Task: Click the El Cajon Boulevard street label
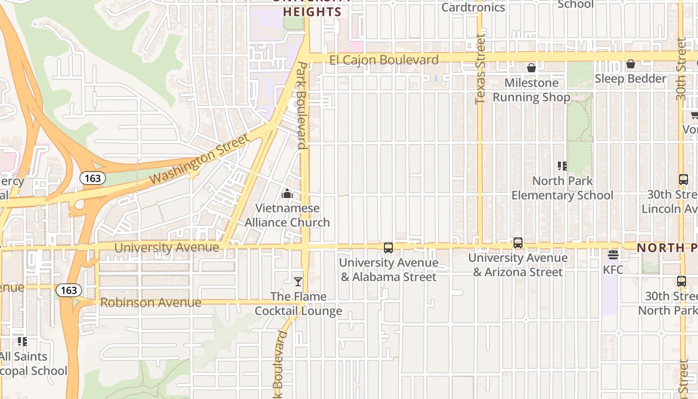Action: [x=384, y=60]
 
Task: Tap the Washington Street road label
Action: [x=199, y=159]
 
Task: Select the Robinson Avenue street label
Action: [x=151, y=303]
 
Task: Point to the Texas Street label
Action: [x=480, y=69]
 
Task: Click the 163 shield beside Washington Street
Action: [x=92, y=178]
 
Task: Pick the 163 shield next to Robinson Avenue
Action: [x=68, y=290]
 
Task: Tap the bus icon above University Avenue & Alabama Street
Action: [x=388, y=247]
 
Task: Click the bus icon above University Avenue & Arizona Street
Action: [x=518, y=243]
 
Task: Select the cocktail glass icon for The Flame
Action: [x=298, y=282]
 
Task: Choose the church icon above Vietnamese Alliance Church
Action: [x=287, y=194]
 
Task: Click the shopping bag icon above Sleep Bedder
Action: [x=630, y=64]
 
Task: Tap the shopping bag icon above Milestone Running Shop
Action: [x=531, y=68]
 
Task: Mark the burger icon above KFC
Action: [x=613, y=255]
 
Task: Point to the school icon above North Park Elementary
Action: [x=562, y=166]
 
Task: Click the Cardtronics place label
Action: [x=473, y=7]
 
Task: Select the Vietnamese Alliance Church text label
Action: [x=287, y=215]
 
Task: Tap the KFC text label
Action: [x=613, y=270]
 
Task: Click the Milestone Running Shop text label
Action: [x=531, y=90]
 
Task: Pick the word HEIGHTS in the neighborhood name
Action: [x=312, y=12]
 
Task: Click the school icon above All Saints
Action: [x=22, y=342]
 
